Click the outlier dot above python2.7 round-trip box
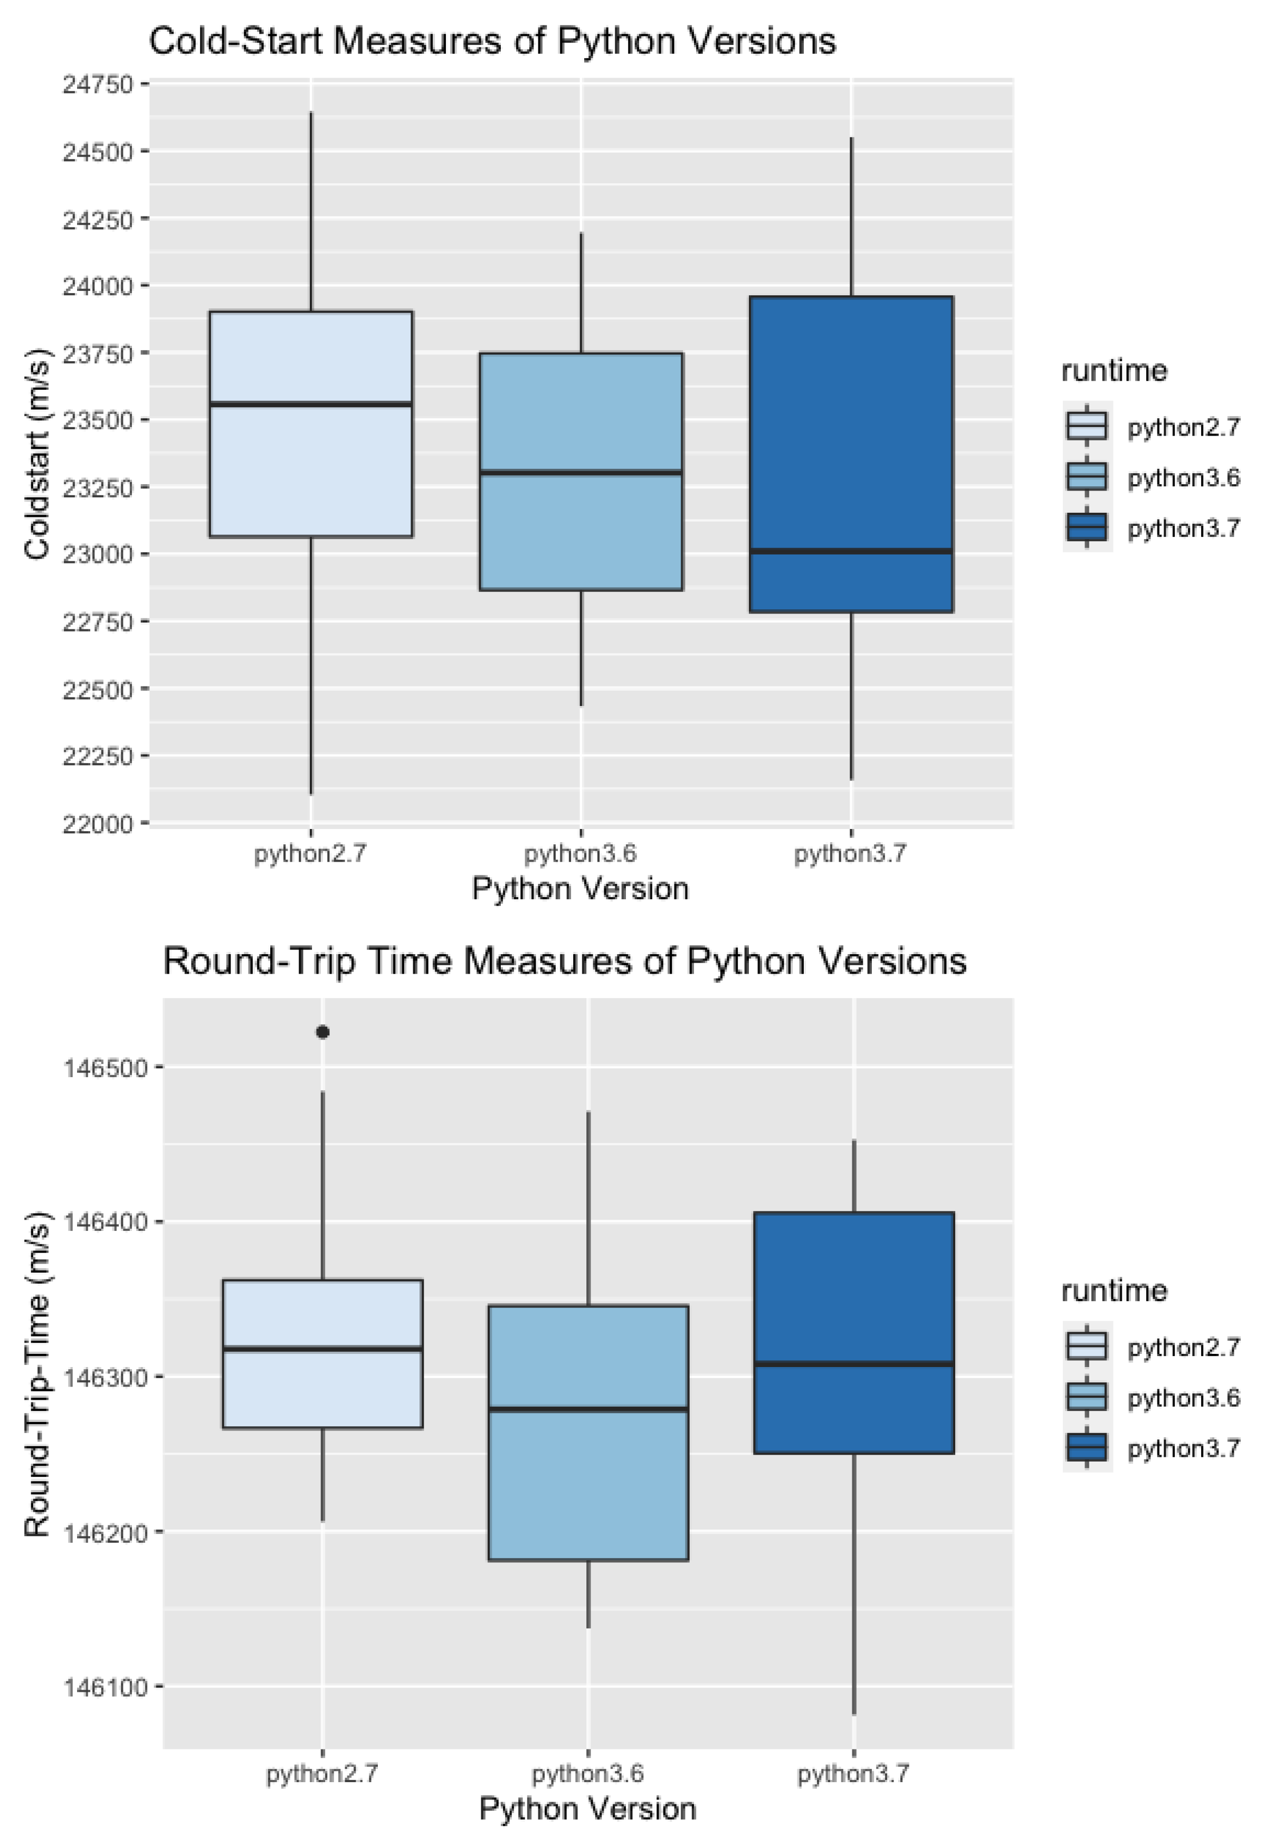(x=322, y=1032)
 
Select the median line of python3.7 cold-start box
(x=851, y=551)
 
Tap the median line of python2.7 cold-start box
(x=310, y=404)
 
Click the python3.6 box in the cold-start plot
(x=581, y=527)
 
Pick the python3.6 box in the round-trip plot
(x=588, y=1485)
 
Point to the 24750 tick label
(x=98, y=84)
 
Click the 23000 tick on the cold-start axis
(x=98, y=554)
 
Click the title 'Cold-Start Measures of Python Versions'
(x=492, y=42)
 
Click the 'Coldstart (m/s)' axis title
(x=37, y=454)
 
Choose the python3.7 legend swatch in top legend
(x=1087, y=528)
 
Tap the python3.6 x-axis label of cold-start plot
(x=581, y=854)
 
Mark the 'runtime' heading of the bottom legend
(x=1114, y=1291)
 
